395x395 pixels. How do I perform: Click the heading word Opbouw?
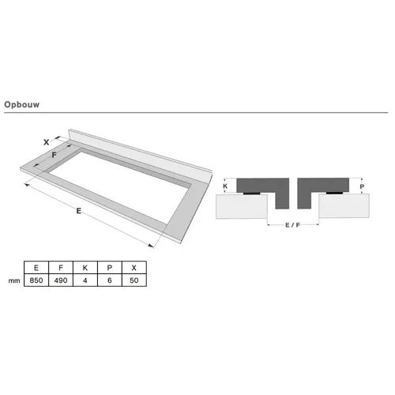pyautogui.click(x=22, y=104)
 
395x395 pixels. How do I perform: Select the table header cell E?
pyautogui.click(x=36, y=268)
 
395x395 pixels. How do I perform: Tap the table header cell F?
pyautogui.click(x=61, y=268)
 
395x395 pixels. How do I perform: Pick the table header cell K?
pyautogui.click(x=85, y=268)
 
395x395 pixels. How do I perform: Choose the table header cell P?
pyautogui.click(x=110, y=268)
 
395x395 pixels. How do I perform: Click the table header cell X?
pyautogui.click(x=134, y=268)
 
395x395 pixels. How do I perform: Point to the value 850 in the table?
pyautogui.click(x=36, y=280)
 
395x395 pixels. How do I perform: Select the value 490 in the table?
pyautogui.click(x=61, y=280)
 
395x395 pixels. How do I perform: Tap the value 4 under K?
pyautogui.click(x=85, y=280)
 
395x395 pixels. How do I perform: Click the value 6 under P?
pyautogui.click(x=110, y=280)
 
